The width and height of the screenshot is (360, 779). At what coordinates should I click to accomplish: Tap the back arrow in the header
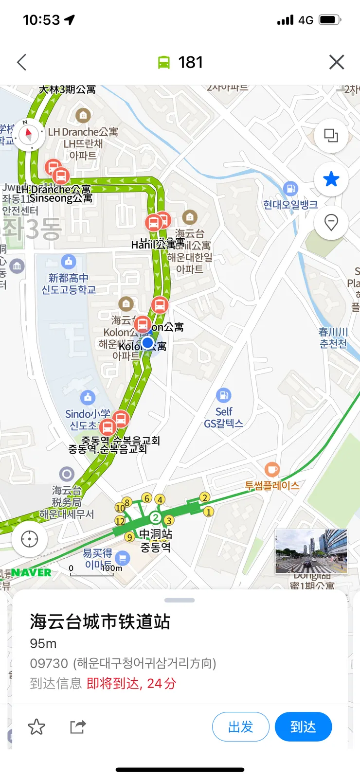(21, 62)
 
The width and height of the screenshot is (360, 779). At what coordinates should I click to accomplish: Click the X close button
(337, 62)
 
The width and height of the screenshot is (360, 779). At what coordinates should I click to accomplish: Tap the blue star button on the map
(331, 179)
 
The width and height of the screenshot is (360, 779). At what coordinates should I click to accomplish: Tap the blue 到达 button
(303, 726)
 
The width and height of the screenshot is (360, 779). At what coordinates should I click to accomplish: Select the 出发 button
(241, 726)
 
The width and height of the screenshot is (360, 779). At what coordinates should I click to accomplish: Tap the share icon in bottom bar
(78, 726)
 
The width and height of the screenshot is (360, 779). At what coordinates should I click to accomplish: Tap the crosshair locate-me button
(29, 539)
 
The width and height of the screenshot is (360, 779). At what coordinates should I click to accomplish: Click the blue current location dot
(148, 342)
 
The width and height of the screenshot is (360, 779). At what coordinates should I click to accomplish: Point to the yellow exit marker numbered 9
(129, 537)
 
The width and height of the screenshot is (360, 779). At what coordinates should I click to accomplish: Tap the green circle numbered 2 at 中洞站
(155, 517)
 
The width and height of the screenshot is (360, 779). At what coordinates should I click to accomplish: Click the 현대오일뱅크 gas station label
(290, 204)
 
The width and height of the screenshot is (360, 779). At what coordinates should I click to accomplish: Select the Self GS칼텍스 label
(224, 417)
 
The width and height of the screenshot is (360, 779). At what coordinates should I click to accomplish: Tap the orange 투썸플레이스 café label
(272, 485)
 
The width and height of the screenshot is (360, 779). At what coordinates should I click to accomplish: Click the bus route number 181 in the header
(190, 62)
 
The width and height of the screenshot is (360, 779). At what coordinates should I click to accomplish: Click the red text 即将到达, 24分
(131, 683)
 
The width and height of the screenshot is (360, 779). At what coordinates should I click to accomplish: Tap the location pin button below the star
(331, 223)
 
